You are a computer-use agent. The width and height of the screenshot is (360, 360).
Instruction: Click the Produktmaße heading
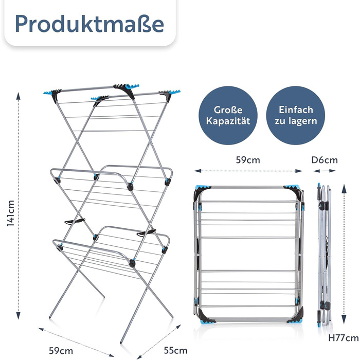click(x=89, y=24)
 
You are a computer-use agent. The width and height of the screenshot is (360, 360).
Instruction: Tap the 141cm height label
click(x=11, y=213)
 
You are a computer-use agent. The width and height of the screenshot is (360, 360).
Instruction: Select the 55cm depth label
click(x=175, y=351)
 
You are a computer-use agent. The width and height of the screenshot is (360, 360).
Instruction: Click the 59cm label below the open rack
click(x=61, y=351)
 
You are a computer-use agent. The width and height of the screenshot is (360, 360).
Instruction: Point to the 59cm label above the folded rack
click(x=248, y=160)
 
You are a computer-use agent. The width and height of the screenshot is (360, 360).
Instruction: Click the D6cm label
click(x=325, y=160)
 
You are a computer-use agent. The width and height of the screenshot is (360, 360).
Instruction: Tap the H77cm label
click(x=343, y=338)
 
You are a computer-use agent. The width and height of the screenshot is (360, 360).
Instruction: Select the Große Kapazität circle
click(x=228, y=116)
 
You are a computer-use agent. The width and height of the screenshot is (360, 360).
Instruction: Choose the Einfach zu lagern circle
click(x=296, y=116)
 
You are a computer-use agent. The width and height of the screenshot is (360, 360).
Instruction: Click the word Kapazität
click(x=228, y=121)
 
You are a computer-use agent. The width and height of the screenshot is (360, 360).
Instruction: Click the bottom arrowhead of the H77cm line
click(x=344, y=319)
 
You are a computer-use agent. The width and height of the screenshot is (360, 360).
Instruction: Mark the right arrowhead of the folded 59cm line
click(x=298, y=171)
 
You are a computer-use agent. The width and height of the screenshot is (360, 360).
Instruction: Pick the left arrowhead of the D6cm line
click(x=317, y=171)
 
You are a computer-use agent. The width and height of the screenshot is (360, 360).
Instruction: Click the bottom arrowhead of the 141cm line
click(x=19, y=315)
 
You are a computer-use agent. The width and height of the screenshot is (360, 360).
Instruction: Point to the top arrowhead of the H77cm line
click(x=344, y=188)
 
